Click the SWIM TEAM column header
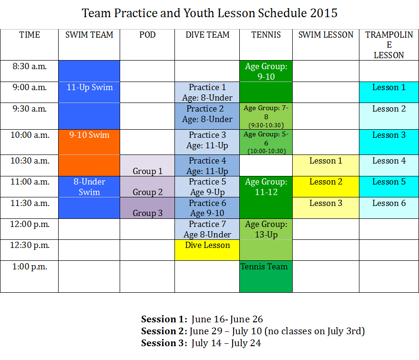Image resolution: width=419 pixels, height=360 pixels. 89,35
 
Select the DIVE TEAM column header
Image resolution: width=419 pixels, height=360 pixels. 207,35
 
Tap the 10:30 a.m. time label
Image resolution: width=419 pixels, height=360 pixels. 30,161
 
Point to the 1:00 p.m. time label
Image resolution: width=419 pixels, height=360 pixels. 30,267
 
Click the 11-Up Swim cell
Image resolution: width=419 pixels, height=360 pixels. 89,92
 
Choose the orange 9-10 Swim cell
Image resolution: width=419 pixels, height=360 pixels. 89,142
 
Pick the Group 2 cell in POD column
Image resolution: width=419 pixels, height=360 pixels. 147,186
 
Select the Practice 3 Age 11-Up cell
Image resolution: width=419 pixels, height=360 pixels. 207,142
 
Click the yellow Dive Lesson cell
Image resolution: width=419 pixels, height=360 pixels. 207,250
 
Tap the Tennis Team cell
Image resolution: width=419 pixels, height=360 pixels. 266,277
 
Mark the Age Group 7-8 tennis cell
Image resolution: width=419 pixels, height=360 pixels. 266,116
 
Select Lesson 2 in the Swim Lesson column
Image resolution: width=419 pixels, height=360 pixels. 326,186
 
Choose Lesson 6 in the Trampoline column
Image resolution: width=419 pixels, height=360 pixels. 389,208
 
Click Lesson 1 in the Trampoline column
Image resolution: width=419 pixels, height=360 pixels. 389,92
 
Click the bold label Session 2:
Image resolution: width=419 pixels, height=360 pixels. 164,331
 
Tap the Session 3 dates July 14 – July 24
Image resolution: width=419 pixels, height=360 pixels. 226,343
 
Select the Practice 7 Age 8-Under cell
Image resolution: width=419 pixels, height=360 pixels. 207,229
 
